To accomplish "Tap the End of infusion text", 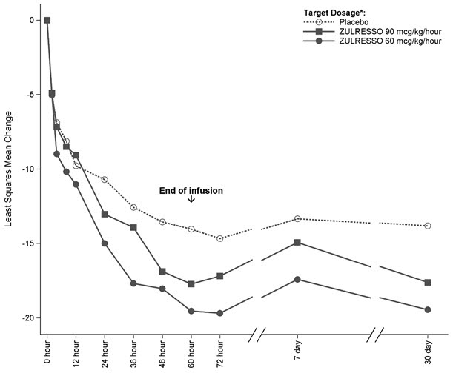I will tap(191, 191).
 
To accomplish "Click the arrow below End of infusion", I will tap(191, 200).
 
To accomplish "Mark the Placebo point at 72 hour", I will tap(220, 238).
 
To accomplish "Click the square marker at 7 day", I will tap(297, 242).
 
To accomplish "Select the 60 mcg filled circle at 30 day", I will tap(428, 309).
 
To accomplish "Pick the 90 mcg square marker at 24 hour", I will tap(105, 214).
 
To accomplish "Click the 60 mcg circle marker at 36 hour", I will tap(133, 283).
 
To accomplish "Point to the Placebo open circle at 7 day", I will tap(297, 218).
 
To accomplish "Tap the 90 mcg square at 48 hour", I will tap(162, 272).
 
